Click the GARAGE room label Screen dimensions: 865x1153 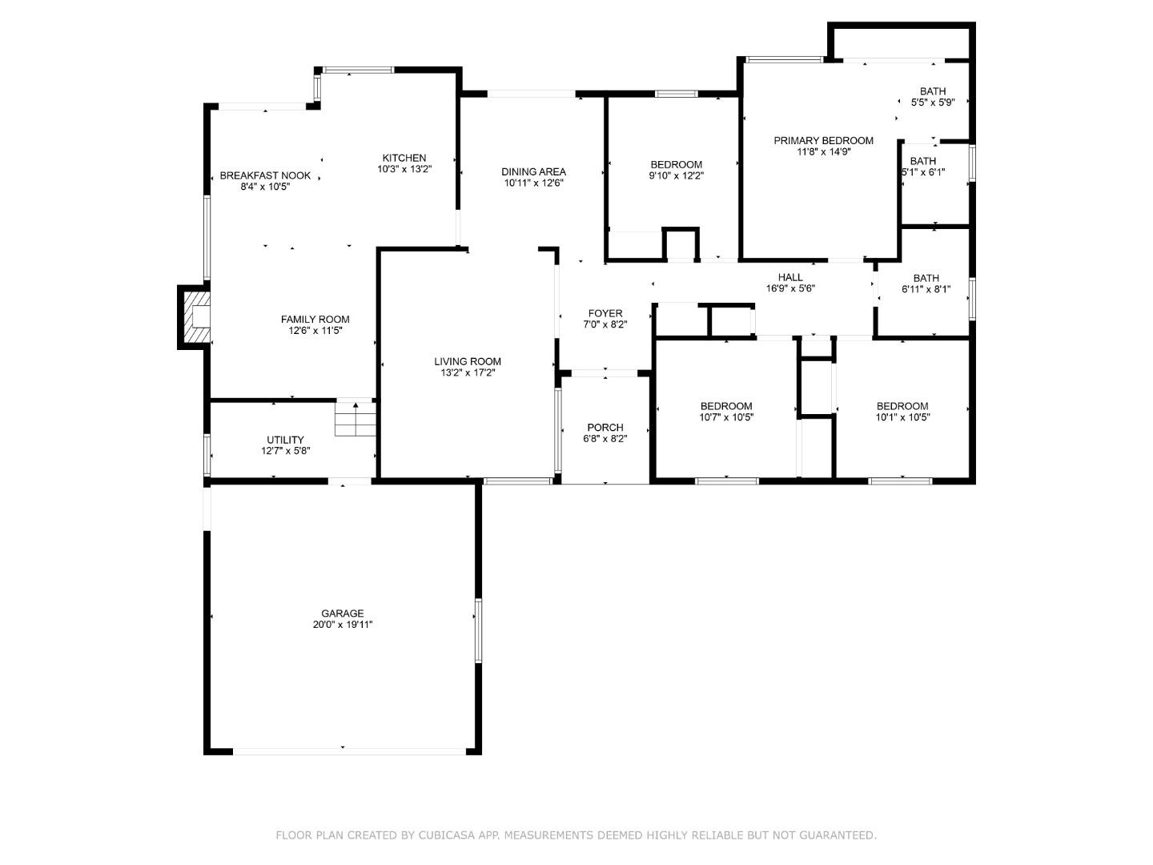[x=343, y=614]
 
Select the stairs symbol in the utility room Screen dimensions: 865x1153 [x=355, y=419]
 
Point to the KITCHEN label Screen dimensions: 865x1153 [x=404, y=158]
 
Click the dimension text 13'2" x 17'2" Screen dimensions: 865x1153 [x=468, y=372]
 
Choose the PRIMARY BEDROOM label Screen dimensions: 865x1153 [x=823, y=141]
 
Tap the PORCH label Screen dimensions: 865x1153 [x=605, y=428]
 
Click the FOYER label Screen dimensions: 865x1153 [x=605, y=313]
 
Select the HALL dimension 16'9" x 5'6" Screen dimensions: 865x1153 [x=790, y=288]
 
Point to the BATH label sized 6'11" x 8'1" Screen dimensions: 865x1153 [x=926, y=279]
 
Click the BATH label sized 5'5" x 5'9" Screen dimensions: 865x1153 [x=933, y=91]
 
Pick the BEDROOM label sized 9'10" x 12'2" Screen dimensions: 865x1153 [x=676, y=165]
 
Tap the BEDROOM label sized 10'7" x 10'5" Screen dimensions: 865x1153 [x=726, y=406]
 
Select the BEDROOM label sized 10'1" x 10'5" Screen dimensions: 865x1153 [x=902, y=406]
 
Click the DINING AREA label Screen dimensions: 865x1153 [x=534, y=171]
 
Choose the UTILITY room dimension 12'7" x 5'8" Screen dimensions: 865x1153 [x=285, y=451]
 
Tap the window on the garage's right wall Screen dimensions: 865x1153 [x=478, y=630]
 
